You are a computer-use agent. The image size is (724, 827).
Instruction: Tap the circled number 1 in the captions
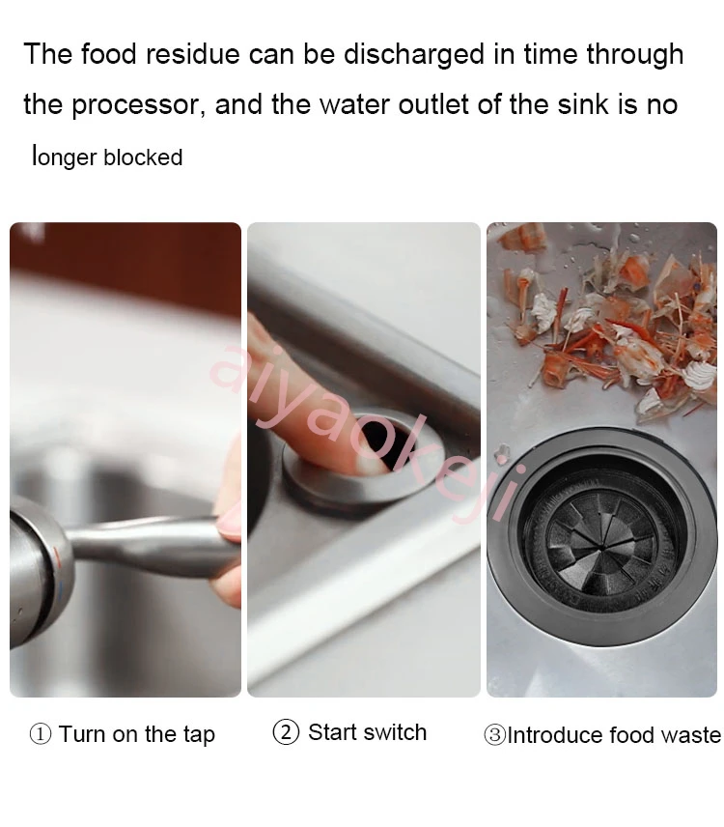[x=41, y=734]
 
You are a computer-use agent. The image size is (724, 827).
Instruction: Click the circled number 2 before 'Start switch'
[x=286, y=732]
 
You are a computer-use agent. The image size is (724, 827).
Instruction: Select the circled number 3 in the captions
[x=494, y=735]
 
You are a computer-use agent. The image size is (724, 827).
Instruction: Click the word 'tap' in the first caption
[x=198, y=735]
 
